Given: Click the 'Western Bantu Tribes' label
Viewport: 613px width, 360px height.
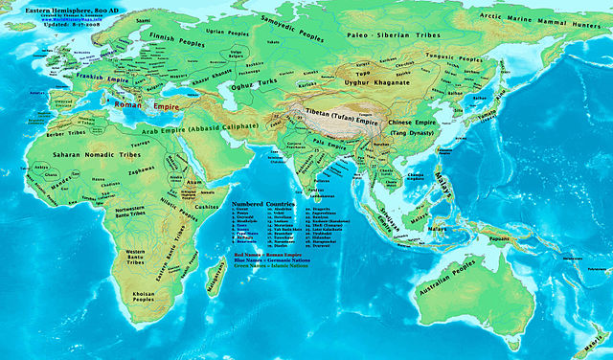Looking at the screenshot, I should [x=142, y=258].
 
